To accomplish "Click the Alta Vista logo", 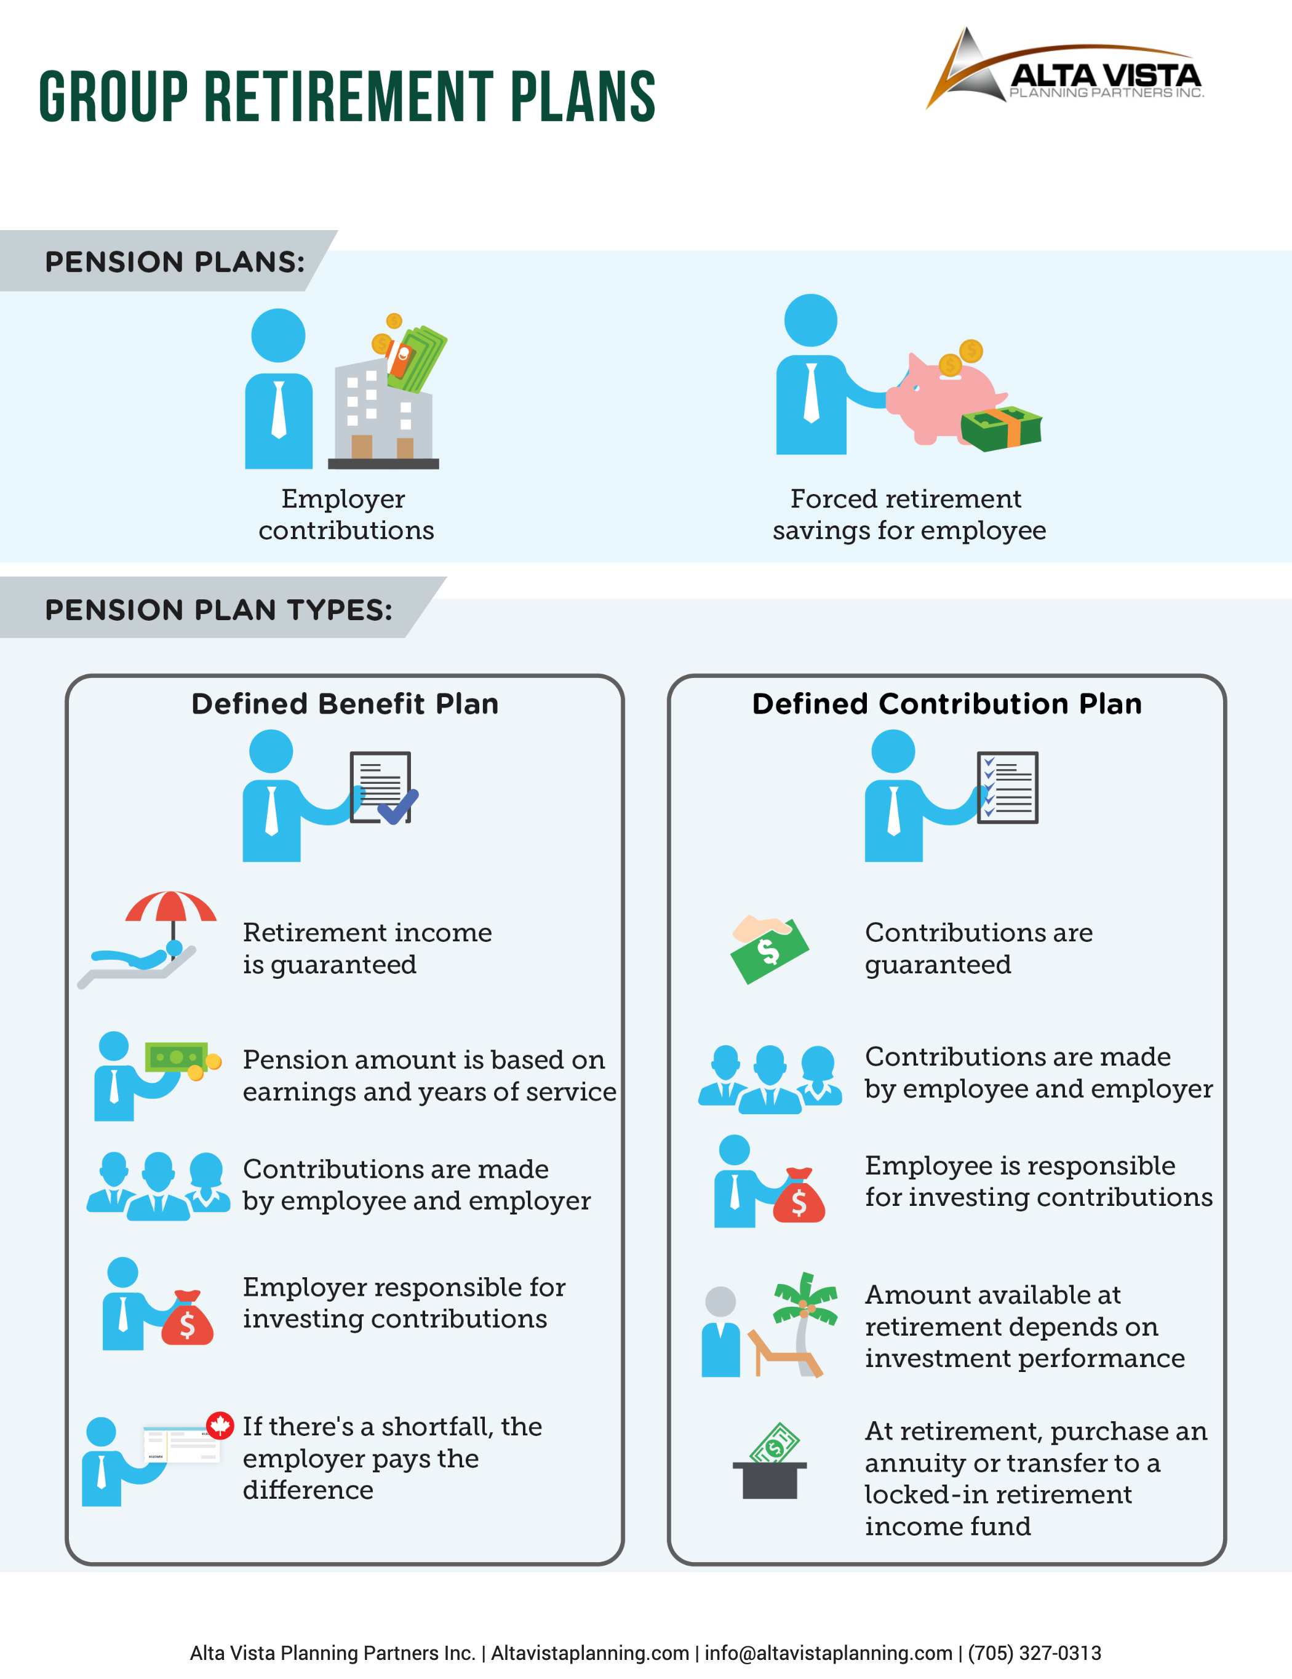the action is click(1064, 69).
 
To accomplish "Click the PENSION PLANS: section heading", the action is click(175, 262).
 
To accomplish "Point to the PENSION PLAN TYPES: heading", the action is click(219, 610).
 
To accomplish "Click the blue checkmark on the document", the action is click(397, 807).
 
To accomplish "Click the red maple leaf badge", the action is click(220, 1426).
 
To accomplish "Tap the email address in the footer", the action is click(829, 1653).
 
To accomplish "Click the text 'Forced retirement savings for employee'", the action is click(909, 514).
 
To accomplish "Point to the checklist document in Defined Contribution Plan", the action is click(1008, 788).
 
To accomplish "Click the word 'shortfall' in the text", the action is click(438, 1427).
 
